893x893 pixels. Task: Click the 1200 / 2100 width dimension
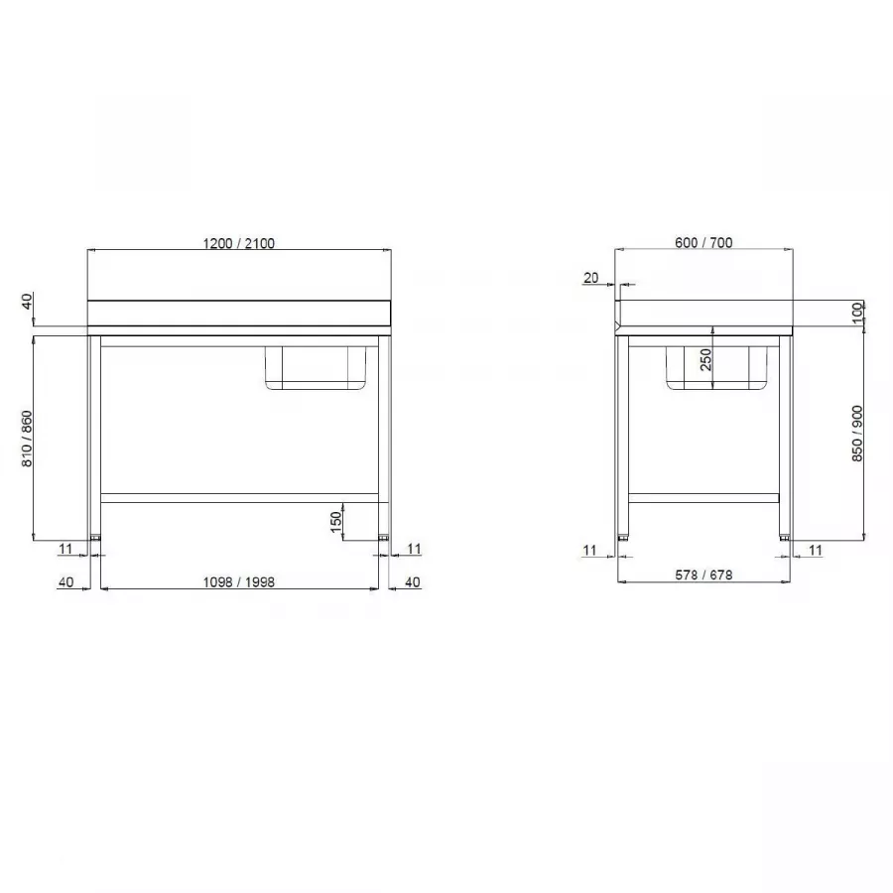coord(238,243)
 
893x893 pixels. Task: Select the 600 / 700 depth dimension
coord(703,243)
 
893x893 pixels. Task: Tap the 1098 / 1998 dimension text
coord(238,582)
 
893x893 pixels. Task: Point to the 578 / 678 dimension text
coord(703,575)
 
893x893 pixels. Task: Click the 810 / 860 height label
coord(27,440)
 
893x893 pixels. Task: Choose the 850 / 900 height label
coord(856,434)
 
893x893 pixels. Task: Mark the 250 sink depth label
coord(705,360)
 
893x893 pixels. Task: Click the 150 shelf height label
coord(336,522)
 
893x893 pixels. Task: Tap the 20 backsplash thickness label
coord(591,278)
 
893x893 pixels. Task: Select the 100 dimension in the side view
coord(857,314)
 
